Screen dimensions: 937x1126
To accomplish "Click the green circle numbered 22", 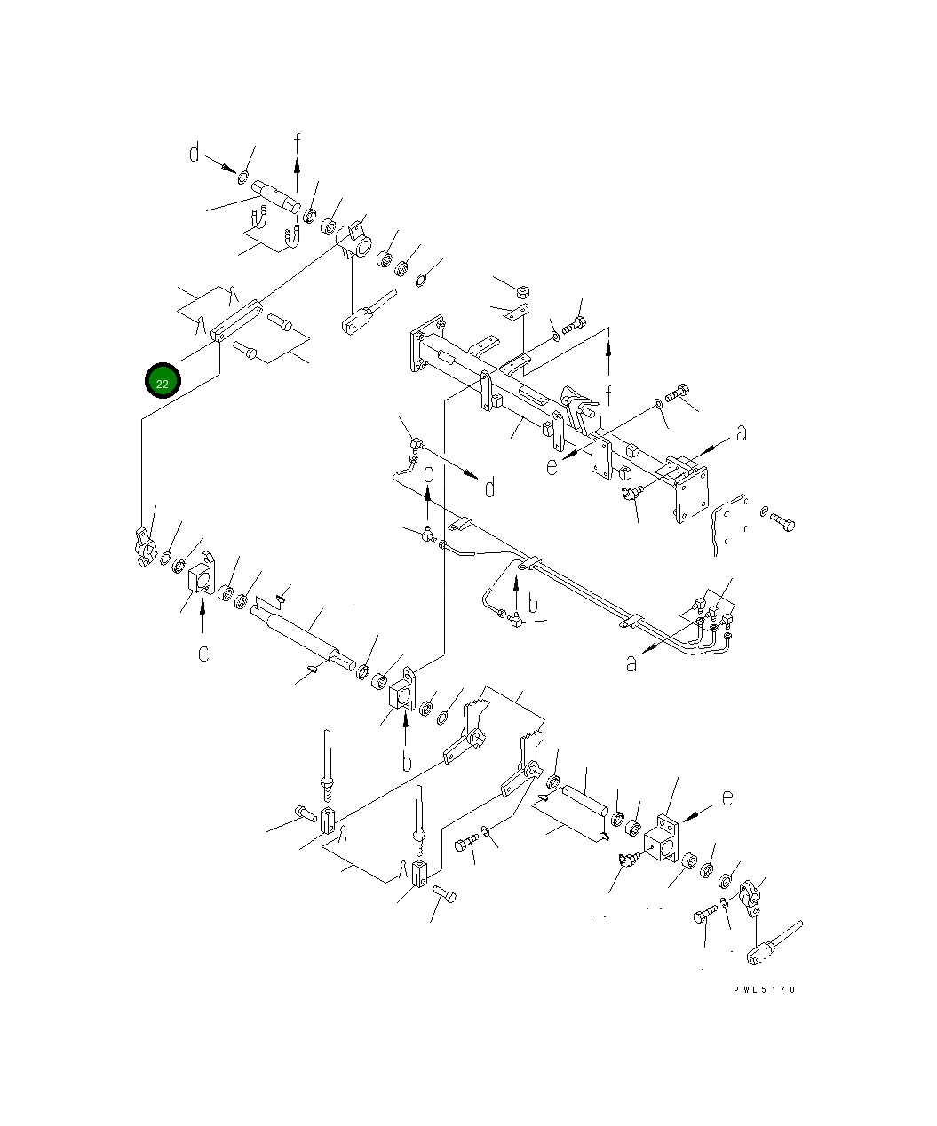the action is click(163, 380).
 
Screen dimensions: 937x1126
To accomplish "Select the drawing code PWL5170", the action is click(764, 989).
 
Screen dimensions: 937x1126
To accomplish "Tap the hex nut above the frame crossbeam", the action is click(522, 292).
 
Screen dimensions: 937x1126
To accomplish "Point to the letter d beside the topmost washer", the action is click(195, 152).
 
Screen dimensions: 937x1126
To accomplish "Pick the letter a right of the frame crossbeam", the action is click(742, 433).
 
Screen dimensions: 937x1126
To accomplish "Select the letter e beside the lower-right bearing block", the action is click(727, 797).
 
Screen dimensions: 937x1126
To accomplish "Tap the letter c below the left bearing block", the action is click(202, 654).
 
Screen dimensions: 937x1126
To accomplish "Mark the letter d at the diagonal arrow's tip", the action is click(489, 488).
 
